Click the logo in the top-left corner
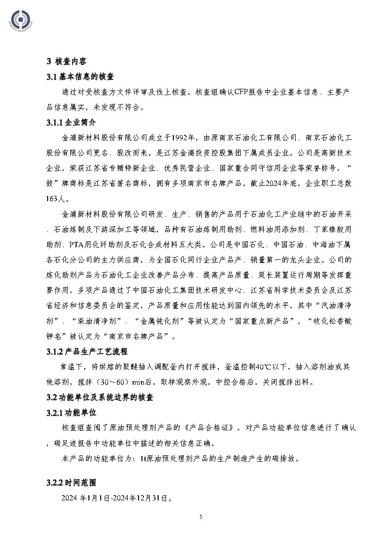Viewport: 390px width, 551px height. pyautogui.click(x=20, y=20)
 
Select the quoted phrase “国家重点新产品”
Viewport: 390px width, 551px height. pyautogui.click(x=261, y=321)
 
